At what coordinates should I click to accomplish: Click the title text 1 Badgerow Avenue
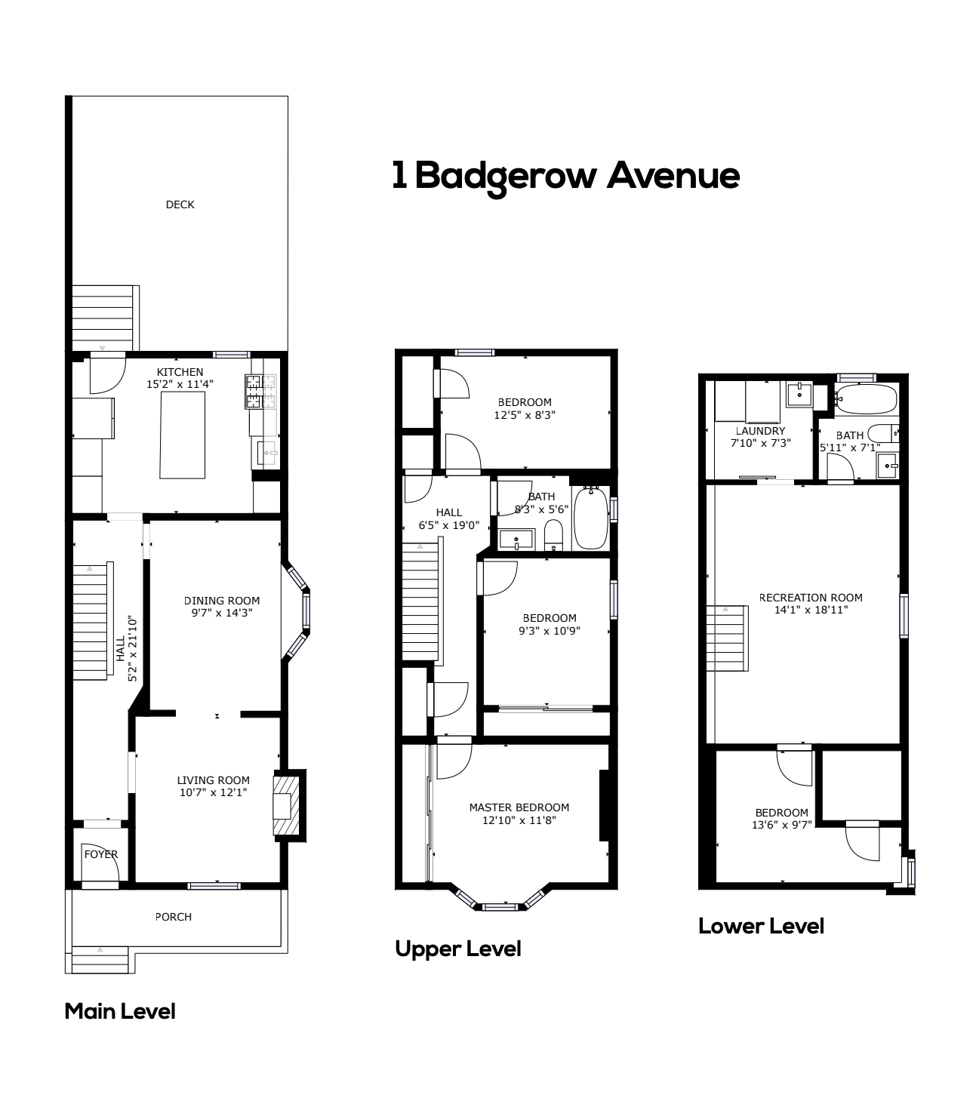(565, 177)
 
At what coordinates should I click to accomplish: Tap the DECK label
(180, 205)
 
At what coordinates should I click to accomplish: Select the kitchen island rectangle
(182, 435)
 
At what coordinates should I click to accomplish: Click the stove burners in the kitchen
(260, 391)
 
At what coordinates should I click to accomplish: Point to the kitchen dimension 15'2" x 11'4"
(180, 384)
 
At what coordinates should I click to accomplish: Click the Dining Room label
(222, 601)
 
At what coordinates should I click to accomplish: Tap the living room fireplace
(286, 805)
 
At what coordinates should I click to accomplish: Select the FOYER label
(101, 854)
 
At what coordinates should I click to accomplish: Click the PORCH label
(174, 917)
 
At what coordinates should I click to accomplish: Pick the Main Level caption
(120, 1011)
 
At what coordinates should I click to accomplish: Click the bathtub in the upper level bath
(591, 518)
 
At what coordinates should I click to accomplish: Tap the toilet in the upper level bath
(553, 535)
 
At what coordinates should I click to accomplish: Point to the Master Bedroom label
(519, 807)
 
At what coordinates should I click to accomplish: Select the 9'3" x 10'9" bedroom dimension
(550, 630)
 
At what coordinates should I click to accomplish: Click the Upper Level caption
(458, 949)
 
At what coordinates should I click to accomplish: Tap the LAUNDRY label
(760, 431)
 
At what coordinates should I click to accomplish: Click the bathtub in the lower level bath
(866, 400)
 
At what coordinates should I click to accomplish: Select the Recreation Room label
(811, 598)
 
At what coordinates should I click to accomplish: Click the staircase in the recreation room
(727, 638)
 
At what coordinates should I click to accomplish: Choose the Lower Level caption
(761, 926)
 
